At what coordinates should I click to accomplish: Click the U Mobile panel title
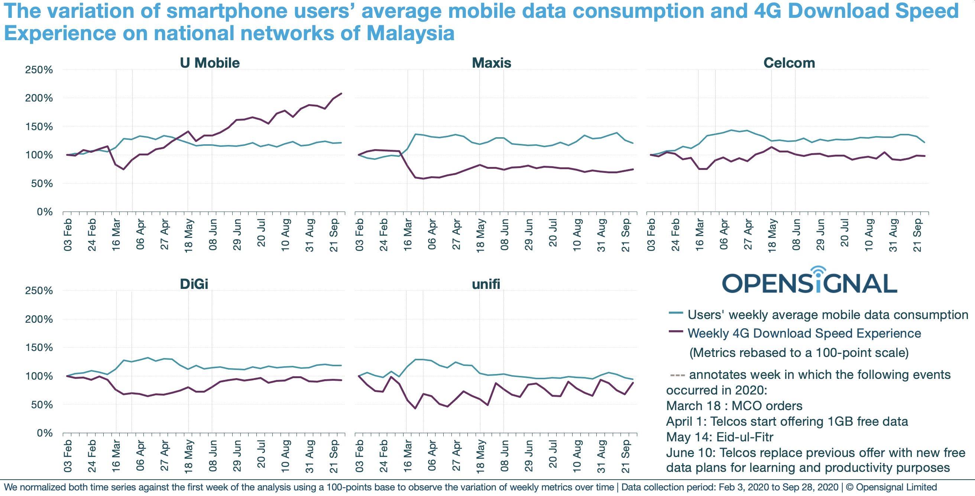click(x=210, y=63)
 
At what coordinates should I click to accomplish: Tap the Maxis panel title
click(x=491, y=63)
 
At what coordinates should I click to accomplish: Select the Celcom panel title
click(x=789, y=63)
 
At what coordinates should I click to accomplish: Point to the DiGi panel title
click(x=194, y=284)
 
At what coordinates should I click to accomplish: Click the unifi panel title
click(x=486, y=284)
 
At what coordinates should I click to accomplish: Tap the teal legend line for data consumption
click(x=676, y=313)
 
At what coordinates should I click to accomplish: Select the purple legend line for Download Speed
click(x=676, y=332)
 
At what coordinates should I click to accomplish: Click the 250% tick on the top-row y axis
click(x=39, y=70)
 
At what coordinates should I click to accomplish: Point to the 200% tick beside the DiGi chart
click(x=39, y=319)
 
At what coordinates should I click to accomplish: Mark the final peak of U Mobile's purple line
click(x=341, y=94)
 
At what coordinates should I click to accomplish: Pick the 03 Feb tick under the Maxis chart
click(x=359, y=235)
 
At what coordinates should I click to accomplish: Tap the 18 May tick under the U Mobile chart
click(x=188, y=235)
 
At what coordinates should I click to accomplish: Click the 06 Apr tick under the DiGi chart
click(x=140, y=456)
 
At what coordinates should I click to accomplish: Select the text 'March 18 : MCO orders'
click(x=734, y=406)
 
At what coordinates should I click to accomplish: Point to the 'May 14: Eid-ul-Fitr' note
click(x=719, y=437)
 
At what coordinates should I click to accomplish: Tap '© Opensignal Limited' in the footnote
click(x=891, y=487)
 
